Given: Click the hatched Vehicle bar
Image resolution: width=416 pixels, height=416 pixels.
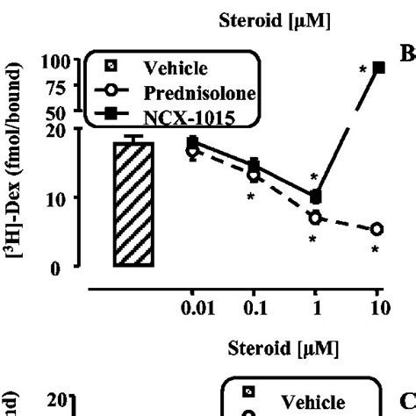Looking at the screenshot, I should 133,202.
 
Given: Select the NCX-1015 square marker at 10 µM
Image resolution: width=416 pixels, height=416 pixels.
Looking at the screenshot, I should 378,68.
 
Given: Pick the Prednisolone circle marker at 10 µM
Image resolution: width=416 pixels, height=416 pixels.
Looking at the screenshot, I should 377,229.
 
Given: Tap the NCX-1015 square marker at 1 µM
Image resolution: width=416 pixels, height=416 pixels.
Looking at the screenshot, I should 316,197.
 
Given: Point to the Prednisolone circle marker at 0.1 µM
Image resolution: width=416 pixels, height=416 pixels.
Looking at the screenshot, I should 254,176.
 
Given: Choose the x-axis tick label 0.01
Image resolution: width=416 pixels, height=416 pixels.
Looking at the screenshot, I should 192,308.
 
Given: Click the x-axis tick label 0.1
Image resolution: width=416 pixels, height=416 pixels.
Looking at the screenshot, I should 254,308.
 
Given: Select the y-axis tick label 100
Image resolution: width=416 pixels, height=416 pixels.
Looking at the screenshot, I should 54,62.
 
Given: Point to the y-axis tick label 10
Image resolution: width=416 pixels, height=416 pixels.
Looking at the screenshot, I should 59,198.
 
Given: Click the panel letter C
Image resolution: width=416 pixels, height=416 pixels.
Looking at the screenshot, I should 407,402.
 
